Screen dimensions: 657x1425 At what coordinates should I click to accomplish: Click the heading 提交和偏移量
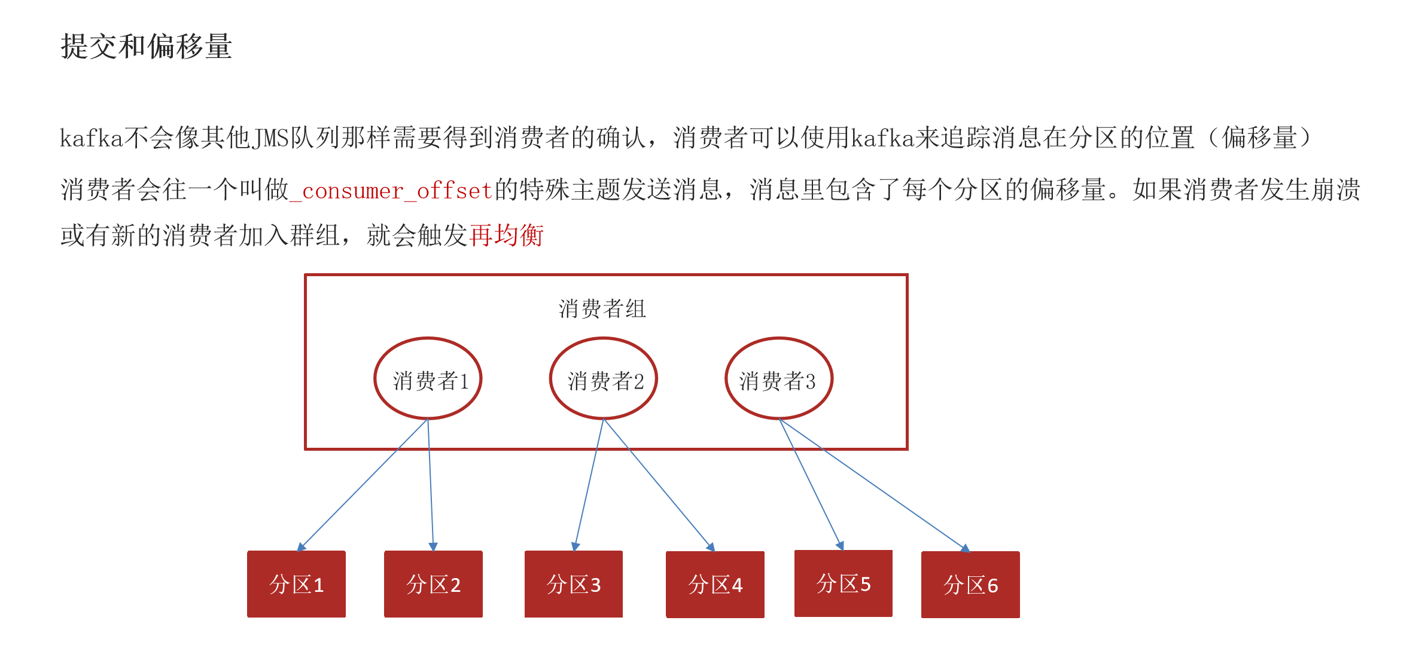click(146, 47)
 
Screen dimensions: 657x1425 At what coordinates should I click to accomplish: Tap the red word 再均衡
click(506, 236)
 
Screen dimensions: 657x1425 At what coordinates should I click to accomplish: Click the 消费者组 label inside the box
click(602, 309)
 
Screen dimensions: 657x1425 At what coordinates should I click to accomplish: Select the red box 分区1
click(296, 584)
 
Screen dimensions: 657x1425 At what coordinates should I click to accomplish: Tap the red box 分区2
click(433, 584)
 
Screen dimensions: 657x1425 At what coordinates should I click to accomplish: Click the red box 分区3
click(573, 584)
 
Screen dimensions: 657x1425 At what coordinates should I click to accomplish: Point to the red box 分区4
click(715, 585)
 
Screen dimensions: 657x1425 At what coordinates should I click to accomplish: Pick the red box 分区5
click(843, 583)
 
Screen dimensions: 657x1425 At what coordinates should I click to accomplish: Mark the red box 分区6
click(970, 585)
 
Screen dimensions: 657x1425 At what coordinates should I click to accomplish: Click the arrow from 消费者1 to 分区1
click(363, 484)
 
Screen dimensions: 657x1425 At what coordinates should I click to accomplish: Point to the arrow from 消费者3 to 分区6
click(873, 484)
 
